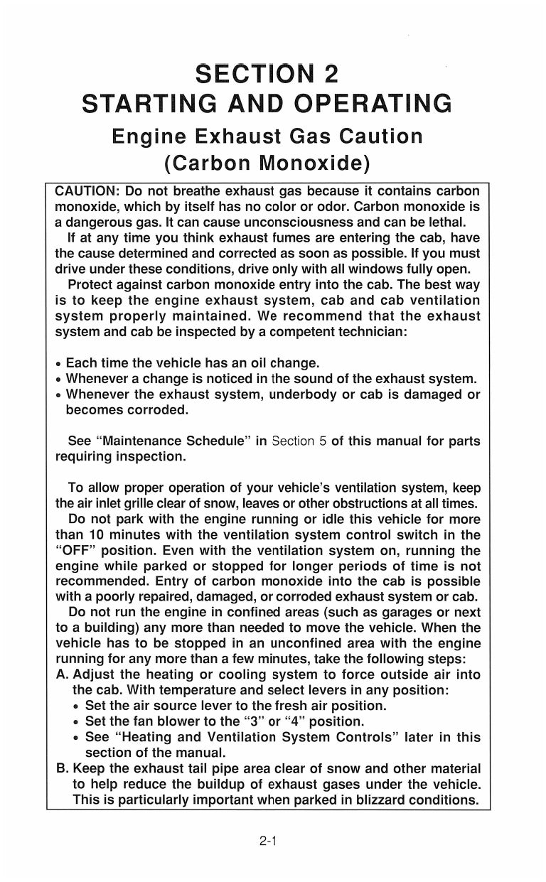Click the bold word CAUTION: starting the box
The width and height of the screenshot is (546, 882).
86,193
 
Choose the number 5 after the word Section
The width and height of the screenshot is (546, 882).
322,441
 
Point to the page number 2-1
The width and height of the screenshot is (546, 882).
267,842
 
